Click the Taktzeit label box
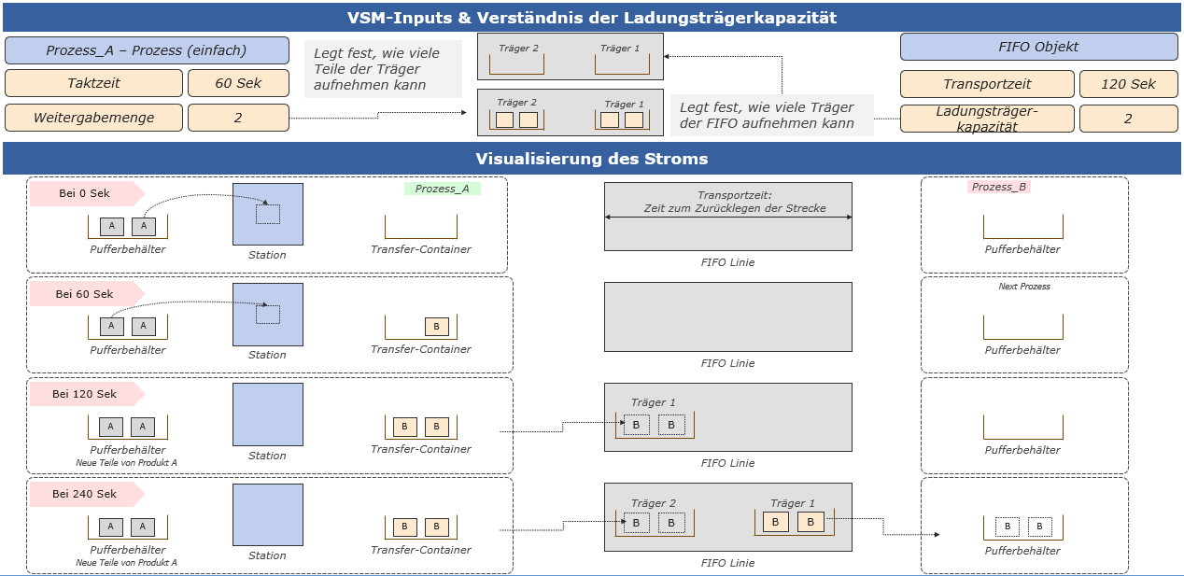tap(93, 83)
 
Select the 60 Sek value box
tap(238, 83)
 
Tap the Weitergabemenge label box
tap(93, 118)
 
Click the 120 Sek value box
tap(1128, 84)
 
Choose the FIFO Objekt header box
tap(1038, 48)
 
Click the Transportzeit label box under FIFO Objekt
tap(987, 84)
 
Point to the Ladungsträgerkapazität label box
tap(987, 119)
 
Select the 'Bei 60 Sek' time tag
tap(83, 294)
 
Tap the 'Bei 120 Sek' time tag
tap(83, 394)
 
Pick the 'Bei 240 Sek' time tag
tap(83, 494)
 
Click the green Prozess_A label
tap(443, 189)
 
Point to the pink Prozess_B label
tap(998, 187)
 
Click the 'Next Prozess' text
tap(1024, 287)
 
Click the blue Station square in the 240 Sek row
tap(268, 514)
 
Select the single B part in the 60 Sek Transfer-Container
tap(436, 327)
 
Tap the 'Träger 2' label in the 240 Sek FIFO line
tap(653, 503)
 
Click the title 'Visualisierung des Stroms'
tap(592, 158)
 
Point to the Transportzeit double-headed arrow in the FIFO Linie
tap(728, 217)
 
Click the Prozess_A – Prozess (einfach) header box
tap(147, 50)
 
